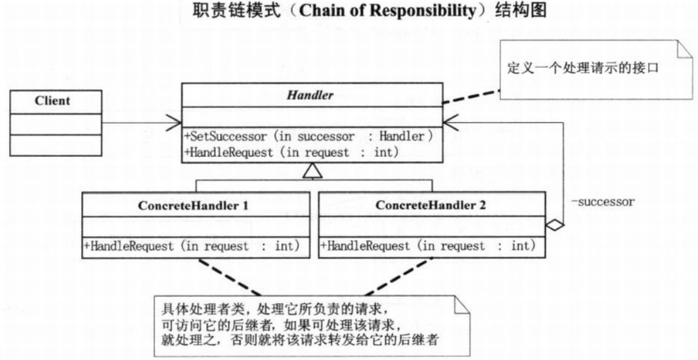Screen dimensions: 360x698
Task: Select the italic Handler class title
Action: coord(311,95)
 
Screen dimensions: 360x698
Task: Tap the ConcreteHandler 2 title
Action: coord(431,206)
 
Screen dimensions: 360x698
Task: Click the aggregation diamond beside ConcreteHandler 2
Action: coord(555,225)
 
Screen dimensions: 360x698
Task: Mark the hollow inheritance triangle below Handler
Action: coord(312,173)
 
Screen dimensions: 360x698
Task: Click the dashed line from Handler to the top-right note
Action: coord(471,95)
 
